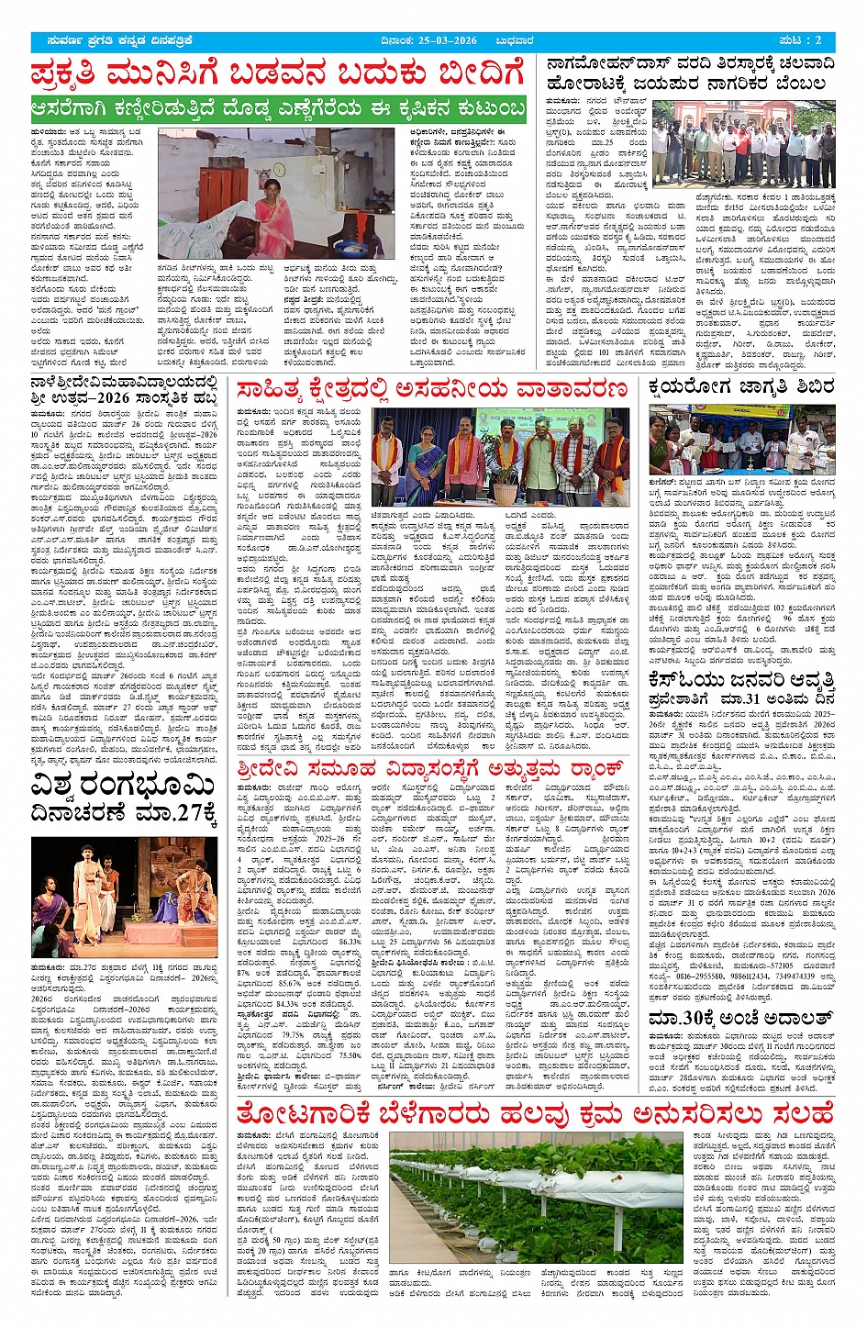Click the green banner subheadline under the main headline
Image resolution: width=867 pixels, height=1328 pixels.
278,109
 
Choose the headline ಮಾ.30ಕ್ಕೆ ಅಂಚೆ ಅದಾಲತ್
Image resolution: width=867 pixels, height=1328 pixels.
740,1019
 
